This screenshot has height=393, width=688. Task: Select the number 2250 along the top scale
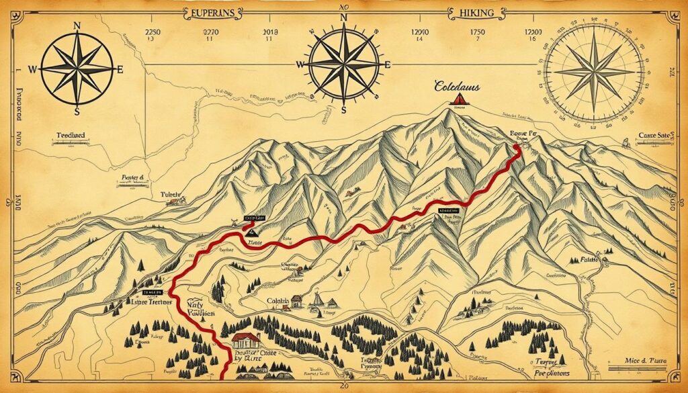(x=155, y=32)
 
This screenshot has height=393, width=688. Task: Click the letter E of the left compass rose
(x=120, y=69)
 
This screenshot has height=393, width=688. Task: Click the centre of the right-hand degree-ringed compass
(x=594, y=70)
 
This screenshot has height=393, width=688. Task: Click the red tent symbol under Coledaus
(x=460, y=101)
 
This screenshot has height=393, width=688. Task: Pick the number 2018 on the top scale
(x=271, y=32)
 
